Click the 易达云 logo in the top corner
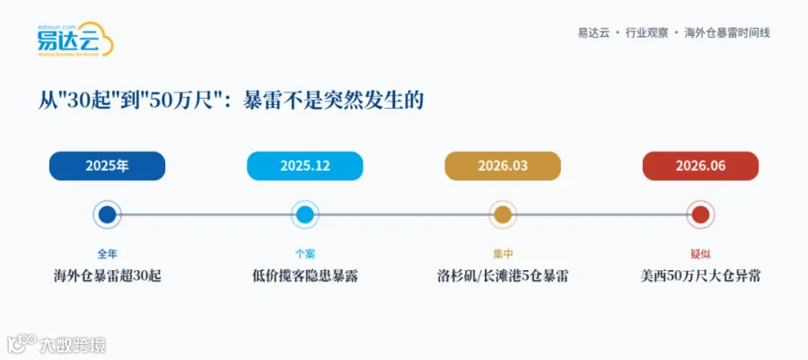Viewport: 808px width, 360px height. click(x=75, y=40)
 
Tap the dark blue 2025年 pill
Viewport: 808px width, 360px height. click(x=107, y=166)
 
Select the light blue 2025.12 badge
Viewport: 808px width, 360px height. click(x=305, y=166)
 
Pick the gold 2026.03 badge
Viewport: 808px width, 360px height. click(x=503, y=166)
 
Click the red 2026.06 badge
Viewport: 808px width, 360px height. click(x=701, y=166)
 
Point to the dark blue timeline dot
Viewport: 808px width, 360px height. click(x=107, y=215)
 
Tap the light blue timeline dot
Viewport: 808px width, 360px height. click(x=305, y=215)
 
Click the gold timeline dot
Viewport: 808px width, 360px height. click(x=503, y=215)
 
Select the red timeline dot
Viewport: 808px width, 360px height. click(x=701, y=215)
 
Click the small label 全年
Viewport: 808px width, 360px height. click(x=107, y=254)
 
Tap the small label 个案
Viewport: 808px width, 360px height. click(x=305, y=254)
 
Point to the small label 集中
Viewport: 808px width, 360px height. click(x=503, y=254)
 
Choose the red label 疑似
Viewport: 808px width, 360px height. click(x=701, y=254)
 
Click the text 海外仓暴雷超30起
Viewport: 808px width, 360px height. click(x=107, y=277)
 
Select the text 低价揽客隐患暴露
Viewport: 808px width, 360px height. click(x=305, y=277)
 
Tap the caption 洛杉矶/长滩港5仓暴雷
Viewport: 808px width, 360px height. click(x=503, y=277)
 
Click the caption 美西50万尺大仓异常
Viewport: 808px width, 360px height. click(x=701, y=277)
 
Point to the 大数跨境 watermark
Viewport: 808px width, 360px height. click(x=57, y=345)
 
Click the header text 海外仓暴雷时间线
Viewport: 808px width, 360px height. click(x=727, y=33)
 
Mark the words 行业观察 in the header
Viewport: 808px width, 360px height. click(x=646, y=33)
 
